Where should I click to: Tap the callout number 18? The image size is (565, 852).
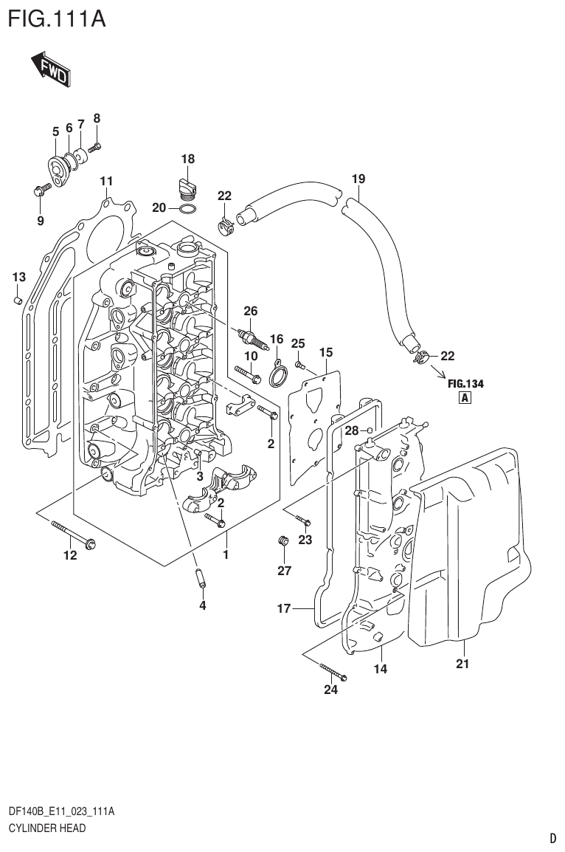187,159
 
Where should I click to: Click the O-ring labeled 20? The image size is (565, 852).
188,209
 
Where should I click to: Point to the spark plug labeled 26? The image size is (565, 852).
251,337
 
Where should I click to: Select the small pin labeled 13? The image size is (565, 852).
18,300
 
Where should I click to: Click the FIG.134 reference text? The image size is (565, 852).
465,383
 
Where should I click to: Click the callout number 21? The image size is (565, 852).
462,664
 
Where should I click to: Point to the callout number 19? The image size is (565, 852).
358,179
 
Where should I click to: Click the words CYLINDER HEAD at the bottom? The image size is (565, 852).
46,828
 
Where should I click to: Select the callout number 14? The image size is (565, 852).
381,669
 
